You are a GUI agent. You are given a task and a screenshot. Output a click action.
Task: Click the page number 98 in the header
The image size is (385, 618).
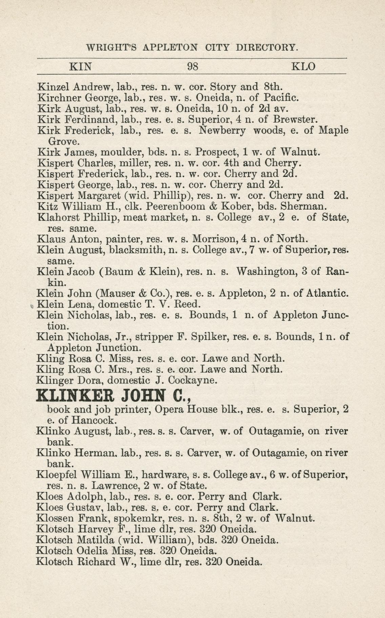coord(192,66)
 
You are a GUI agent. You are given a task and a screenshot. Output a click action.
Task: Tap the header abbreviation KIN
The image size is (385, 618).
coord(80,66)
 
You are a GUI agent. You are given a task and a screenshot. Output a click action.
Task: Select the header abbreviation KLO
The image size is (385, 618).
coord(303,66)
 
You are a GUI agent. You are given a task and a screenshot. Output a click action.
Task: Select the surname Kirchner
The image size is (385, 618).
coord(59,98)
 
